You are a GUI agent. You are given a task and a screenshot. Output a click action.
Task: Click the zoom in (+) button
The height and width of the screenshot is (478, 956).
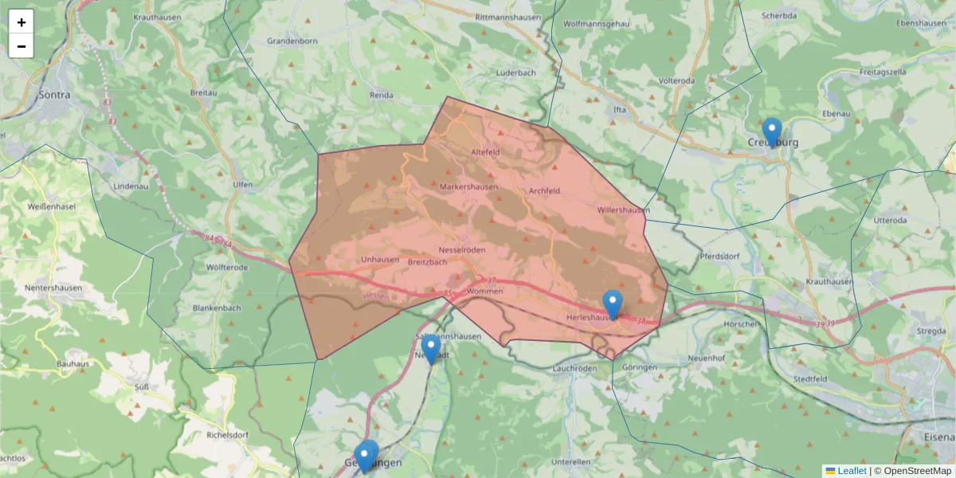[x=22, y=22]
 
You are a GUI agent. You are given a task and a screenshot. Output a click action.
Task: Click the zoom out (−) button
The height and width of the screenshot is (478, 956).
[x=22, y=46]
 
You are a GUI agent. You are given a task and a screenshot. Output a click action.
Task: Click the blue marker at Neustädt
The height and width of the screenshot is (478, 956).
[x=430, y=349]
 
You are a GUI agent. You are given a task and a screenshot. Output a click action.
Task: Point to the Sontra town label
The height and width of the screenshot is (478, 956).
[x=54, y=95]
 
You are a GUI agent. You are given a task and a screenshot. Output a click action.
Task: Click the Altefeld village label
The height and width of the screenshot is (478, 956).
[x=485, y=151]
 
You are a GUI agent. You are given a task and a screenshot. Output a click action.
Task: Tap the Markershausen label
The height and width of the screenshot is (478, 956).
[x=468, y=187]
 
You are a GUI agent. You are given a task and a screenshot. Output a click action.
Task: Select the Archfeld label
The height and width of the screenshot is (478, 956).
[x=545, y=191]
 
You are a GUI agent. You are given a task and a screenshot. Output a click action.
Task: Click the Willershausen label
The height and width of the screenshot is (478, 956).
[x=623, y=210]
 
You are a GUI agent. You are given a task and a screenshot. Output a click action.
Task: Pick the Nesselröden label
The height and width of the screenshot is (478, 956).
[x=461, y=250]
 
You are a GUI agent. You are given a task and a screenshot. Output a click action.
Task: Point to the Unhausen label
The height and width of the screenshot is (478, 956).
[x=379, y=260]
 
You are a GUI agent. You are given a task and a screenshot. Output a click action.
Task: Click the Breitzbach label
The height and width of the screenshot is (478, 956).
[x=428, y=261]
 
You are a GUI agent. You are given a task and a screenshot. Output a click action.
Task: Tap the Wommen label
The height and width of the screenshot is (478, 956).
[x=485, y=292]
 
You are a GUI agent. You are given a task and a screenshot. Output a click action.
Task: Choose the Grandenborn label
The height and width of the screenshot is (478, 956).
[x=292, y=41]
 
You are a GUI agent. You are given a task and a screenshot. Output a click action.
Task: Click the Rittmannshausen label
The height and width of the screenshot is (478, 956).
[x=507, y=17]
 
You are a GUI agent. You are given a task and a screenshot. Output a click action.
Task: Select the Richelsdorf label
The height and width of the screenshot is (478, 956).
[x=206, y=437]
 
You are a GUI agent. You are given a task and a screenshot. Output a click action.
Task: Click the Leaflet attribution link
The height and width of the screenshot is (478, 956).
[x=852, y=471]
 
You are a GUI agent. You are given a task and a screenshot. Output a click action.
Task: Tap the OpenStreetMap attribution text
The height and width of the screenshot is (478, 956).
[x=917, y=471]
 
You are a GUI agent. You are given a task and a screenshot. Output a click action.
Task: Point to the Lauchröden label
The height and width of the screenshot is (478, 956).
[x=574, y=369]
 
